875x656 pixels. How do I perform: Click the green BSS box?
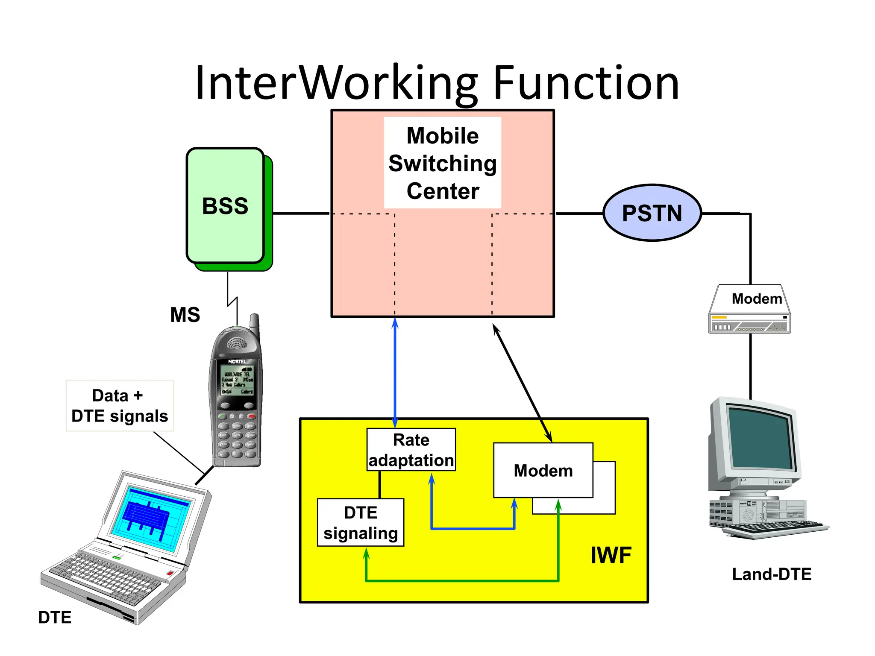pos(225,206)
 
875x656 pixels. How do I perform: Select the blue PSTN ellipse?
pos(652,213)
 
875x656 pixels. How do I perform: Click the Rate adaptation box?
pos(411,450)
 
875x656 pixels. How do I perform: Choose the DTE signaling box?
pos(361,522)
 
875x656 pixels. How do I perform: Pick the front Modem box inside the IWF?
pos(543,470)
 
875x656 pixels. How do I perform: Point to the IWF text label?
pos(611,555)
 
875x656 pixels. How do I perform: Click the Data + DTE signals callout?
pos(120,406)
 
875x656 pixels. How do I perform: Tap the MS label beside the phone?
pos(185,315)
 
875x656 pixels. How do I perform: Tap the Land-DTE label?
pos(771,574)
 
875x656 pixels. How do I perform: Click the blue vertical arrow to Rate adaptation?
pos(395,372)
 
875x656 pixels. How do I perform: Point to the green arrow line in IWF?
pos(461,580)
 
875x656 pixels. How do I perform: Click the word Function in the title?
pos(586,83)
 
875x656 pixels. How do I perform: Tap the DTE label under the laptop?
pos(55,617)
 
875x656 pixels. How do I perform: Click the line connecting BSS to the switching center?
pos(301,213)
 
